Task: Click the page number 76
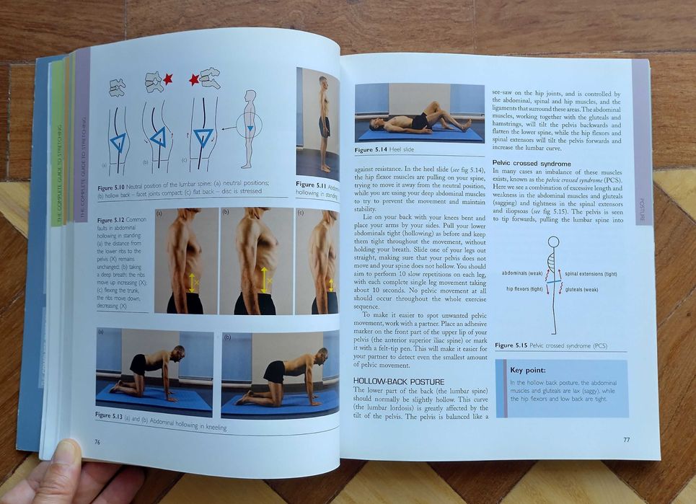97,441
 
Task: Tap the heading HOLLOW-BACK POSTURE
398,381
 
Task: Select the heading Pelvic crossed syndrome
531,163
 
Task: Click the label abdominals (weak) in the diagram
521,274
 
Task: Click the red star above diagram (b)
167,79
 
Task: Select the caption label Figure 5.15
511,345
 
